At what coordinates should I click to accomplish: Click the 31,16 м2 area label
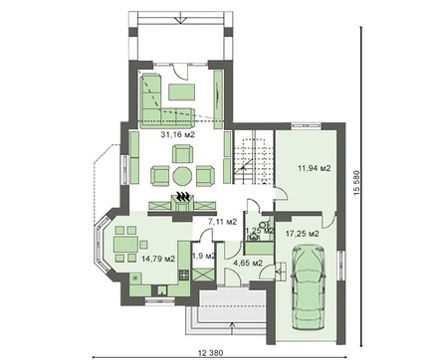click(177, 134)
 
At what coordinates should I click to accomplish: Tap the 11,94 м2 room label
click(315, 168)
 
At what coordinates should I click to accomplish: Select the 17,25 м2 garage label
click(303, 234)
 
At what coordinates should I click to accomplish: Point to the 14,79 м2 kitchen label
click(158, 259)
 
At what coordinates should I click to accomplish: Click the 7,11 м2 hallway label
click(222, 222)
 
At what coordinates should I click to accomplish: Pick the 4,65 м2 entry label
click(248, 264)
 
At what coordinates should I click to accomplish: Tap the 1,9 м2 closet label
click(204, 256)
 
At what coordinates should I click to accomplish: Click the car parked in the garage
click(308, 287)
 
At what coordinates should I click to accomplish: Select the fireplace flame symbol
click(182, 196)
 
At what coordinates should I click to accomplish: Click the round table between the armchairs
click(182, 176)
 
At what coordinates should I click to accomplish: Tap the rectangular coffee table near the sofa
click(181, 91)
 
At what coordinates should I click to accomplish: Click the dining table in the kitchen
click(126, 244)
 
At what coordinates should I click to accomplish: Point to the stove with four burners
click(184, 274)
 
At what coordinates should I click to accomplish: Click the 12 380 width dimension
click(211, 353)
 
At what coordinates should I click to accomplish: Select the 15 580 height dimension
click(356, 183)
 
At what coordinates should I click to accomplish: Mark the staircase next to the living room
click(253, 157)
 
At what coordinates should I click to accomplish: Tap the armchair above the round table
click(182, 154)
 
